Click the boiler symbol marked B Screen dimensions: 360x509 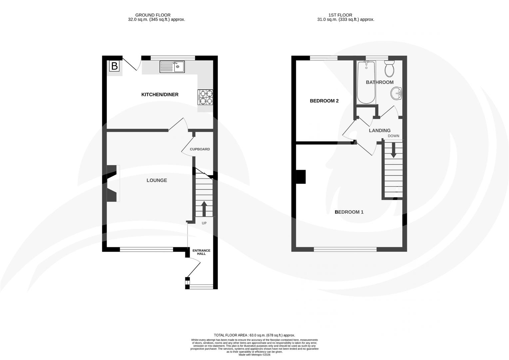114,66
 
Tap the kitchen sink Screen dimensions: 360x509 172,67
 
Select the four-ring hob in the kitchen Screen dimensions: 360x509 206,97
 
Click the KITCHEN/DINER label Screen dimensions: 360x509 160,95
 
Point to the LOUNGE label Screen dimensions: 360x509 157,180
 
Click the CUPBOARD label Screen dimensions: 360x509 200,149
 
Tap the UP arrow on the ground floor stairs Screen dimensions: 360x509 204,209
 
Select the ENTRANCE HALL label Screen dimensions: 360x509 201,252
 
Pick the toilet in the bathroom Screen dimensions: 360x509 389,69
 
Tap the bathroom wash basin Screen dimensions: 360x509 396,93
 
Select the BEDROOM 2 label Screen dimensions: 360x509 324,101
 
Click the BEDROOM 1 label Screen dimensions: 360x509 349,212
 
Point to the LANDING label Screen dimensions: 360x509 379,130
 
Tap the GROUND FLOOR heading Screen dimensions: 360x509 153,15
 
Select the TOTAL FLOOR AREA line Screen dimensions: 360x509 254,335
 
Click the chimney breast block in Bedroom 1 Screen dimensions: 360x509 301,177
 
